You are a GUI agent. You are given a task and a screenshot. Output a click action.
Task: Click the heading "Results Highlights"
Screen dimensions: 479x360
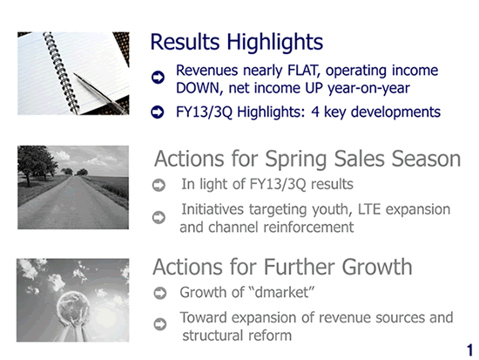coord(236,42)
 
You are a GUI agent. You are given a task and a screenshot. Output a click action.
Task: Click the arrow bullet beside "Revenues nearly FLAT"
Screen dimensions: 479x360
coord(158,77)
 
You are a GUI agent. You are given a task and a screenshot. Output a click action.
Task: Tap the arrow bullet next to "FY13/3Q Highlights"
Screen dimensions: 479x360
coord(158,112)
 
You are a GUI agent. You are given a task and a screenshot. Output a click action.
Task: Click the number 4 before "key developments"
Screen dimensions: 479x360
coord(315,112)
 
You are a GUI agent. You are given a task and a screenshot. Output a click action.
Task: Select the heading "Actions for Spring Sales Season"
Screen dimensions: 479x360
coord(307,159)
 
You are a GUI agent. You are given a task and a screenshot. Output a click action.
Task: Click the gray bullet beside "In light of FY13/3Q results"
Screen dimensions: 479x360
coord(159,185)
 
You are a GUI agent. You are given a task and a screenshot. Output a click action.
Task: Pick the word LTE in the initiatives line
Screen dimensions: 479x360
coord(369,209)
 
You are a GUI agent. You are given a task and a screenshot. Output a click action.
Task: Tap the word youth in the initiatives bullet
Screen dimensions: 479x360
coord(331,210)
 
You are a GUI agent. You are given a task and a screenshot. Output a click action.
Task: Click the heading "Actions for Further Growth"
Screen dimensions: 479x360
coord(282,267)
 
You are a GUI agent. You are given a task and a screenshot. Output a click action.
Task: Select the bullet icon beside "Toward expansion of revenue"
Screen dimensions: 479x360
coord(160,324)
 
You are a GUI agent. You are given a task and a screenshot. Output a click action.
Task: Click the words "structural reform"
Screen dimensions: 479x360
coord(237,336)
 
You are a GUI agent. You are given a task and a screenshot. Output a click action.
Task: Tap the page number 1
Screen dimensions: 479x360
coord(469,350)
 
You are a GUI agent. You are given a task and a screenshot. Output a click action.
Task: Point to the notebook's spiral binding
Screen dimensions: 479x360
coord(61,71)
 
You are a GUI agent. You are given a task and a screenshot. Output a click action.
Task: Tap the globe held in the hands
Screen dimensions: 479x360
coord(73,306)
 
